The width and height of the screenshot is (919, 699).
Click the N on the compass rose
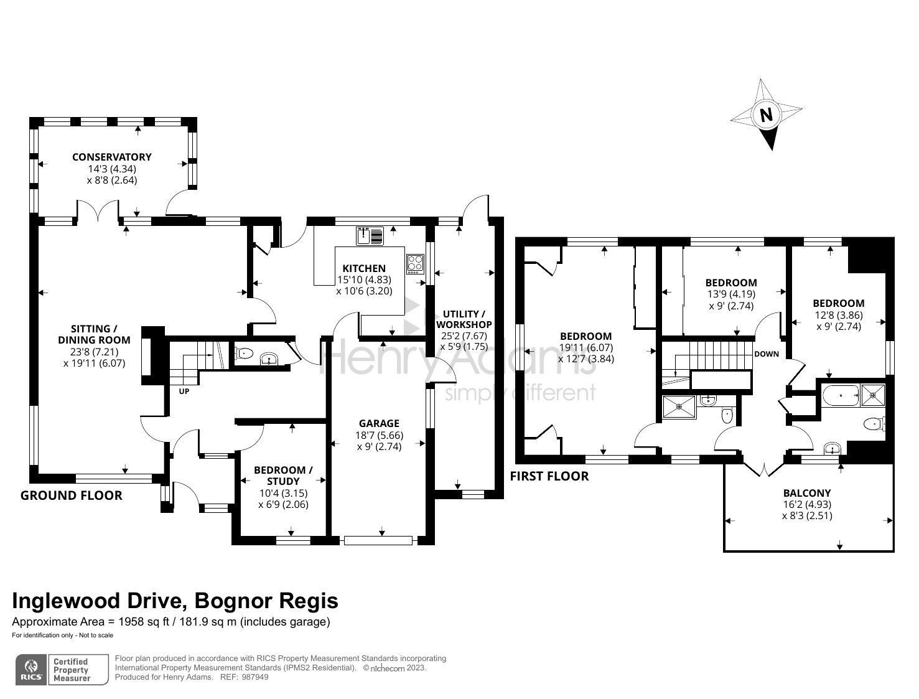[766, 115]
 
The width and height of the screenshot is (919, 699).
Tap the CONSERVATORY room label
[112, 157]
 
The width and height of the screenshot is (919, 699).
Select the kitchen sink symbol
[370, 236]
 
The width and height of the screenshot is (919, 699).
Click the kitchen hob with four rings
[415, 265]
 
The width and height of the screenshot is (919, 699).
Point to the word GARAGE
[379, 423]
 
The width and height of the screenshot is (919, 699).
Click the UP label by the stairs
[184, 391]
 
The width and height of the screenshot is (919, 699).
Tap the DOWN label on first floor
[767, 354]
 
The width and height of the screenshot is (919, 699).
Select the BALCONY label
[807, 493]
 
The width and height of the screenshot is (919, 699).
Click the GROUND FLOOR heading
[71, 495]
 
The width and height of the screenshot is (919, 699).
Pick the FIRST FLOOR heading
[549, 476]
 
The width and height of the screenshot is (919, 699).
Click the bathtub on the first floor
[841, 395]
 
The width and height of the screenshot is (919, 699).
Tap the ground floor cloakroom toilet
[244, 354]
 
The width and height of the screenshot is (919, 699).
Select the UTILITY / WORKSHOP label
[464, 319]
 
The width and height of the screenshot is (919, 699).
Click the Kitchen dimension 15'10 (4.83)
[364, 279]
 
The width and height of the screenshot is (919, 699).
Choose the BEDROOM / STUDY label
[283, 476]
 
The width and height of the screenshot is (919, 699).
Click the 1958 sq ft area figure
[144, 622]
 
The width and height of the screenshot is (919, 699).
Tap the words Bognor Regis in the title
[266, 601]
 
